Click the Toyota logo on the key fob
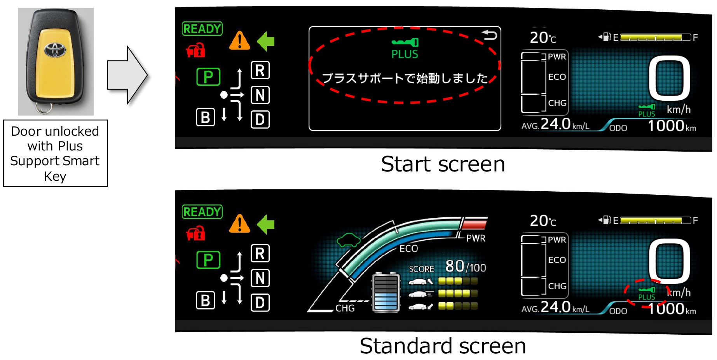coord(55,49)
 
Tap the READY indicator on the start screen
coord(202,29)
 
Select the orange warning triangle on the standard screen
coord(239,224)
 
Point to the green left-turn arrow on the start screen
coord(266,41)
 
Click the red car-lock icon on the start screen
coord(196,51)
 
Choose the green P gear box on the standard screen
coord(208,260)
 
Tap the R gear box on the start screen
coord(260,70)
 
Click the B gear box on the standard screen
coord(206,301)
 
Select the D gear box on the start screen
coord(260,119)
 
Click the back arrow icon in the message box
coord(490,36)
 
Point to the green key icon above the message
coord(405,42)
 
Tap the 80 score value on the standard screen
coord(455,266)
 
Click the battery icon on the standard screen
coord(386,293)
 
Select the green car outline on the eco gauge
coord(349,240)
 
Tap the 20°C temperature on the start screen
coord(543,38)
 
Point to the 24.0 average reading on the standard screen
coord(555,307)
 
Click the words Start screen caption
coord(443,164)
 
